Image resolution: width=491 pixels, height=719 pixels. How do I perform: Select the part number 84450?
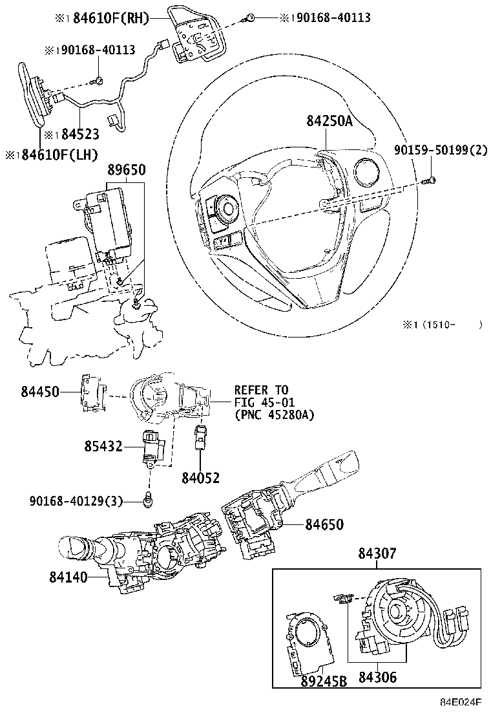coord(39,391)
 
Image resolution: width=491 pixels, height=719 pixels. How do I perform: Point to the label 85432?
coord(103,445)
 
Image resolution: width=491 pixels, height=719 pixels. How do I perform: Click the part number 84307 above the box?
coord(377,554)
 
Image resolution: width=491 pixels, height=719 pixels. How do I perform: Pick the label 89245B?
coord(324,681)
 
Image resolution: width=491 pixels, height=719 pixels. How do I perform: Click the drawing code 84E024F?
coord(461,702)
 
